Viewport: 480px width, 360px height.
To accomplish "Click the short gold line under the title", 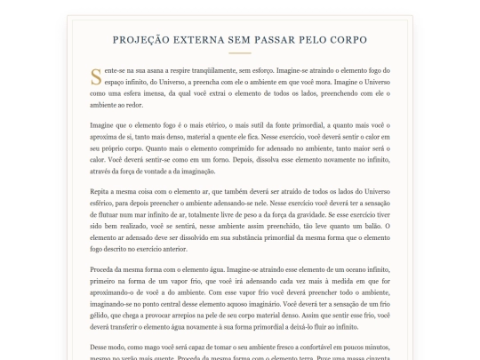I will (x=239, y=53).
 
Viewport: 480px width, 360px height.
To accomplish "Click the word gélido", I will (x=100, y=313).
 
